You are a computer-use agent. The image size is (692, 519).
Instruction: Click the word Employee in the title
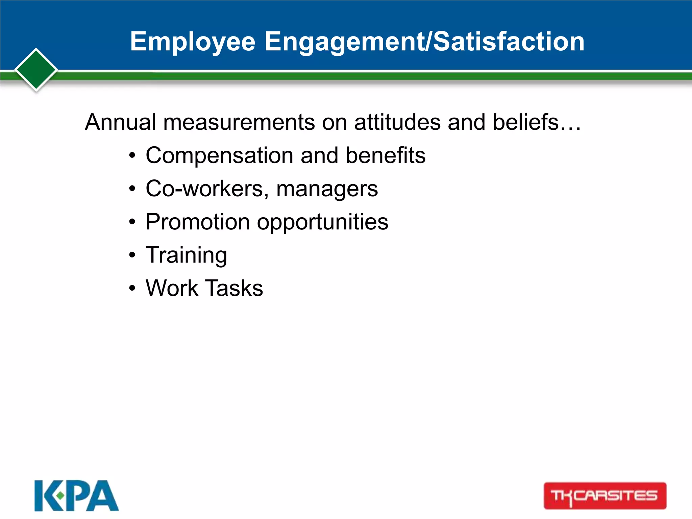(x=193, y=42)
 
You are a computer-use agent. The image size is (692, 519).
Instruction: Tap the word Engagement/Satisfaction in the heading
(x=424, y=42)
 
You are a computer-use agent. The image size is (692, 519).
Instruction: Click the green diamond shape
(x=36, y=70)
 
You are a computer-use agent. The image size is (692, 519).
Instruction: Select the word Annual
(x=120, y=122)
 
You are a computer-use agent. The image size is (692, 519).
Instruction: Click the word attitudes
(x=397, y=122)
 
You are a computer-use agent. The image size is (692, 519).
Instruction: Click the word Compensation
(x=220, y=156)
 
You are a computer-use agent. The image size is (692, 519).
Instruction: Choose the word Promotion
(x=198, y=222)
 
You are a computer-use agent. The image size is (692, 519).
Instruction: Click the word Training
(x=186, y=255)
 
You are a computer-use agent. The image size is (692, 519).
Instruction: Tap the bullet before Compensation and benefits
(x=132, y=156)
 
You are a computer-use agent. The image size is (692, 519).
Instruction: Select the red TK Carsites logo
(x=605, y=496)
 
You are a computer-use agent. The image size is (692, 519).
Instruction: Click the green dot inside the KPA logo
(x=60, y=496)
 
